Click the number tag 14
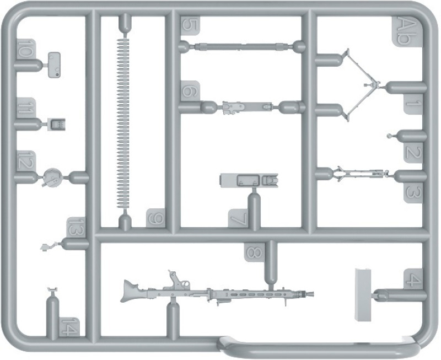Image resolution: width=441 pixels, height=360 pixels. [69, 326]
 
